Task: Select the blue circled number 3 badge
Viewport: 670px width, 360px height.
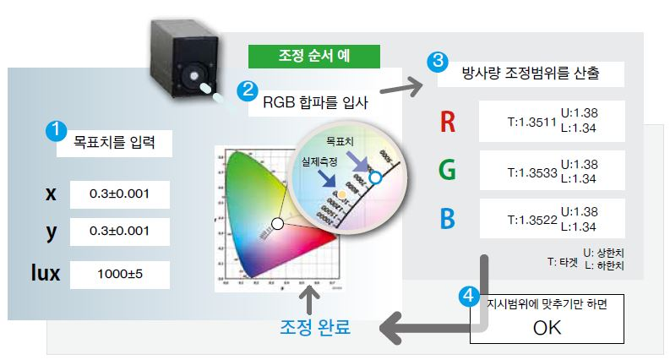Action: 436,61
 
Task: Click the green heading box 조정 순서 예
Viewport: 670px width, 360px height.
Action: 314,57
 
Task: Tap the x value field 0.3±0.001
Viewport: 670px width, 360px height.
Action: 120,194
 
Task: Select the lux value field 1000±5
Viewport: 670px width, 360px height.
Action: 120,274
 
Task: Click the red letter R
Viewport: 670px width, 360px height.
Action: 448,123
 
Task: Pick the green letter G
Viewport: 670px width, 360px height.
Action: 448,170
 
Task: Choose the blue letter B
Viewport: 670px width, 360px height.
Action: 448,219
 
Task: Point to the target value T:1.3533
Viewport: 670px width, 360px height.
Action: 531,172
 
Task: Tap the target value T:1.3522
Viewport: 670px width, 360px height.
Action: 531,220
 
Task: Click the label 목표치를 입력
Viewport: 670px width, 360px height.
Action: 113,142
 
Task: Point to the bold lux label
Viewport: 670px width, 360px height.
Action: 50,273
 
